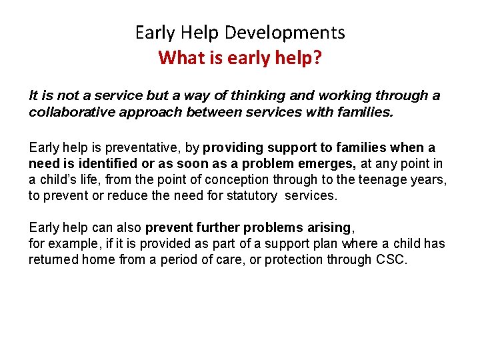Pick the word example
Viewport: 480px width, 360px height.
tap(69, 243)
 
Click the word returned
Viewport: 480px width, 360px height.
tap(53, 259)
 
